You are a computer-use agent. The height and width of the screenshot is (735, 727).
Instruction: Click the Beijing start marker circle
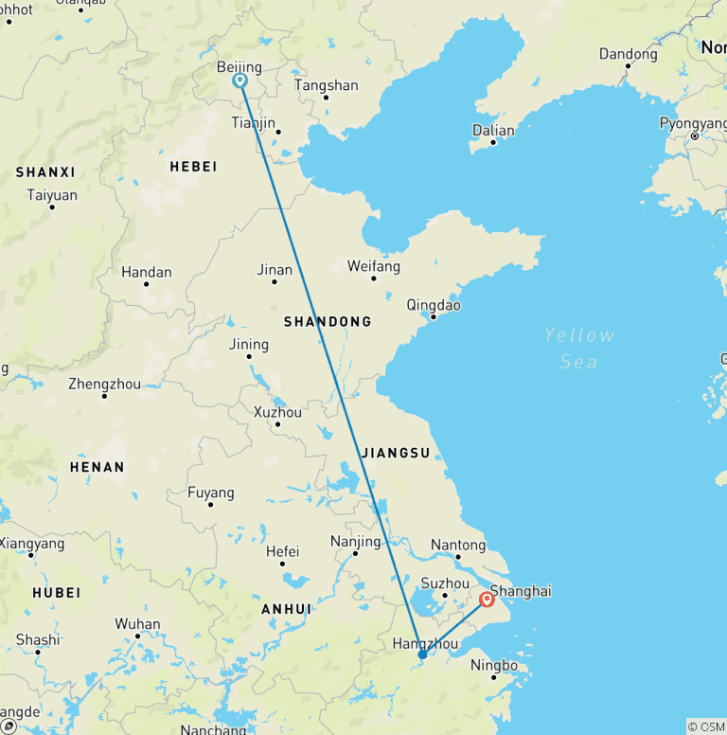pos(240,81)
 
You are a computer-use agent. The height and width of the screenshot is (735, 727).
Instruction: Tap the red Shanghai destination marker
pos(488,599)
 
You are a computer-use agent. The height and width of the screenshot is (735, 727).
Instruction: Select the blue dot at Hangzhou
pos(422,654)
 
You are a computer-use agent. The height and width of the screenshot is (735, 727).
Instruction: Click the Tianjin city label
pos(254,123)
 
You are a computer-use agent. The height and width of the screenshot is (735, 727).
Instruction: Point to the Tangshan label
pos(327,85)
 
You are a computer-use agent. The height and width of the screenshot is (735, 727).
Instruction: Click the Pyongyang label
pos(693,123)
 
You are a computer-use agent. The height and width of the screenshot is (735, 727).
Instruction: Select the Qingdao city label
pos(434,305)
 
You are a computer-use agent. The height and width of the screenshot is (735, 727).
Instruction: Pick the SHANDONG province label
pos(328,322)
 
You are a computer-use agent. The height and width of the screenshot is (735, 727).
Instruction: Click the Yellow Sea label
pos(579,348)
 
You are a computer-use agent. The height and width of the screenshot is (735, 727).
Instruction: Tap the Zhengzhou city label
pos(104,384)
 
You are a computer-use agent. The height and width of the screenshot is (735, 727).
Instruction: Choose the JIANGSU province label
pos(396,453)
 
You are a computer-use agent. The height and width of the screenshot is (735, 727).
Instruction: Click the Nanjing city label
pos(355,542)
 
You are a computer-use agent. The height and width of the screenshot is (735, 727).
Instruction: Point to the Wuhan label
pos(137,623)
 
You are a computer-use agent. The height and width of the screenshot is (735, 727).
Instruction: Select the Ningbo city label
pos(494,665)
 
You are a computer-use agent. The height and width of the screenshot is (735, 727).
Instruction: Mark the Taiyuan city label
pos(51,195)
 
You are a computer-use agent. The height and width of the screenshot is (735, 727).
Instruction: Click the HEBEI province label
pos(193,167)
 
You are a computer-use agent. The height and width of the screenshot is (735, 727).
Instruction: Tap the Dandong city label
pos(628,54)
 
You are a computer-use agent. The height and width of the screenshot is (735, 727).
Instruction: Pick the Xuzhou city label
pos(277,412)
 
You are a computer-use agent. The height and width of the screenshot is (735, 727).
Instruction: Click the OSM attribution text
pos(706,726)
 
